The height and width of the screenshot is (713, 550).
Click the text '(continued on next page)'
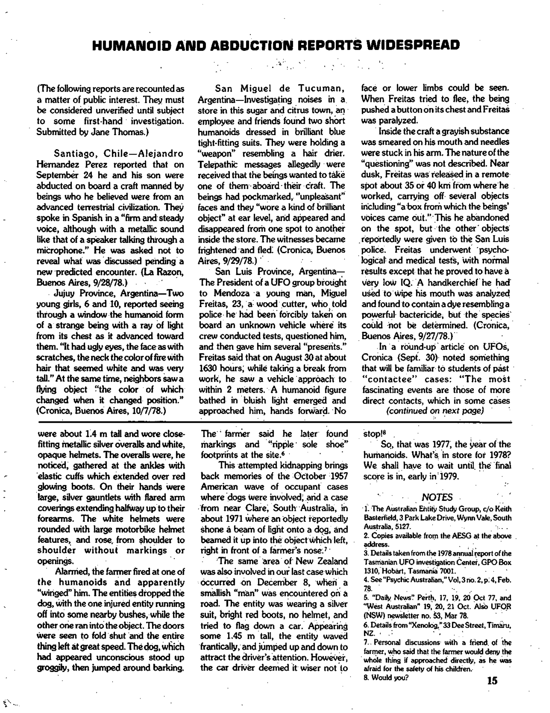point(435,411)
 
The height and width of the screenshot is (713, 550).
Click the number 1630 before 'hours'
point(209,368)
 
